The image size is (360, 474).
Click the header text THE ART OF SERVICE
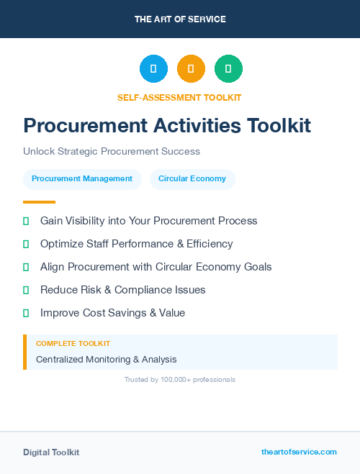pos(180,19)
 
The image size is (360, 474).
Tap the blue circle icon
pos(153,69)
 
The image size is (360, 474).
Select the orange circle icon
pos(191,69)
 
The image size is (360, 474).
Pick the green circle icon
pos(228,69)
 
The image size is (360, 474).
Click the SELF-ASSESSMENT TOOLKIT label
pos(179,97)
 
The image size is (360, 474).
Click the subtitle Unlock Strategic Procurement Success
pos(112,152)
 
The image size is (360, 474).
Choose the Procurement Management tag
pos(82,179)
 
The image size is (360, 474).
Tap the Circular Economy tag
pos(192,179)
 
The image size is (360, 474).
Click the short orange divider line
pos(39,202)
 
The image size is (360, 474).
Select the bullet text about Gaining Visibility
pos(148,221)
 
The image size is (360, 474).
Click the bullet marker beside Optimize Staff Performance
pos(26,244)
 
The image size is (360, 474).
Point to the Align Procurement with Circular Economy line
pos(156,267)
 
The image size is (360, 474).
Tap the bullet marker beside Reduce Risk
pos(26,290)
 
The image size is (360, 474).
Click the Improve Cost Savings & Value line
pos(112,313)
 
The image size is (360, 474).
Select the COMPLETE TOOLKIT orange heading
pos(73,344)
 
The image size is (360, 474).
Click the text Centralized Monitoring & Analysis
pos(106,360)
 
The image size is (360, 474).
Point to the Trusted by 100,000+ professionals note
pos(180,379)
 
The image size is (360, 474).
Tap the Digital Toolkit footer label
pos(51,452)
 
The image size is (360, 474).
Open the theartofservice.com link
pos(299,452)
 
